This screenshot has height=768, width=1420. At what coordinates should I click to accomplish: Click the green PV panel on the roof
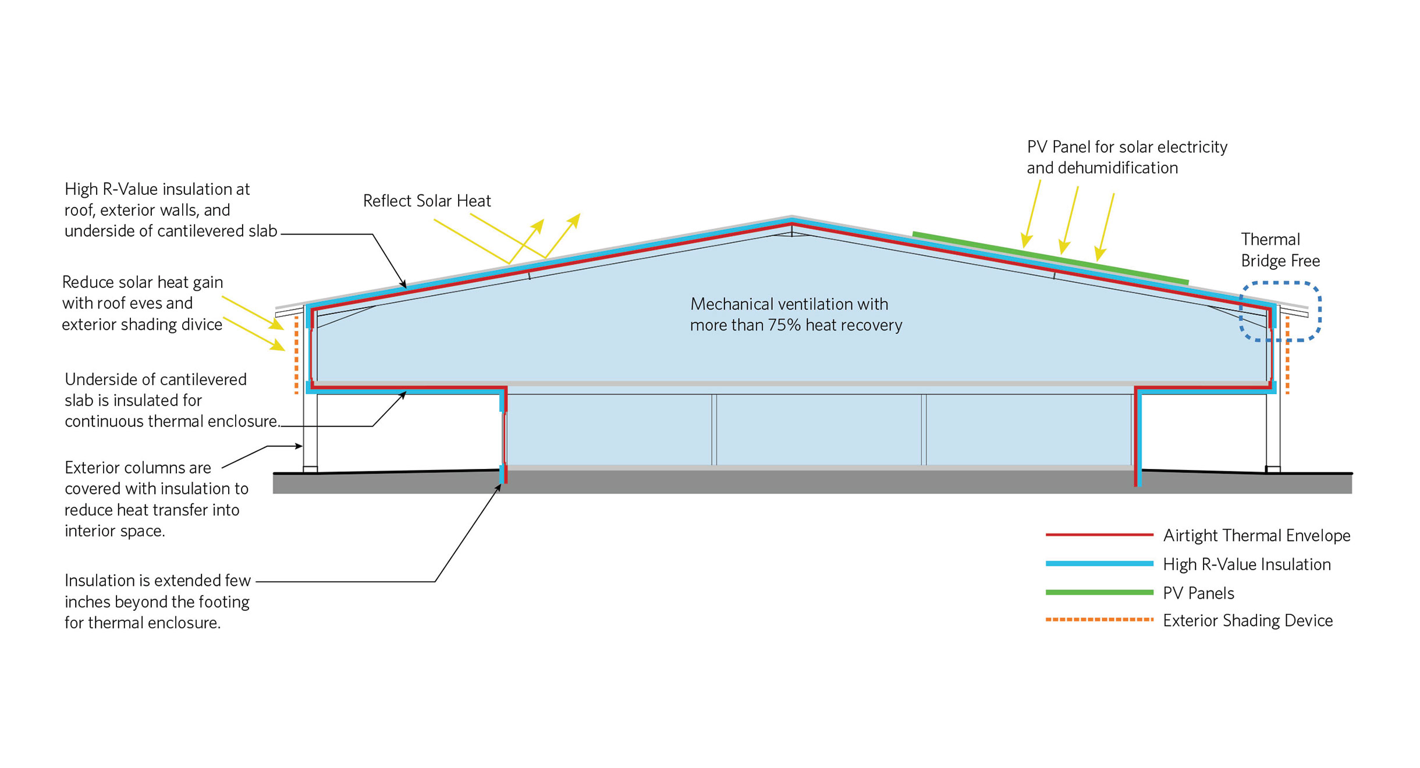1050,258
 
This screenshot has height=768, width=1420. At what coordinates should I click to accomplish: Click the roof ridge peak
791,219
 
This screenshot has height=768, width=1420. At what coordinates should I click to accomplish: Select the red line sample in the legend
1099,534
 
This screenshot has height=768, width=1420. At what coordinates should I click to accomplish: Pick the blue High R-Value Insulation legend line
1099,563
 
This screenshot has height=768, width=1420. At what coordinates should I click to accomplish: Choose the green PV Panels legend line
1099,592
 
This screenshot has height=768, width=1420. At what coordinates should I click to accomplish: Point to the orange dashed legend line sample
1099,620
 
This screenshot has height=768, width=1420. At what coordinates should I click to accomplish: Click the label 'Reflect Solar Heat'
427,201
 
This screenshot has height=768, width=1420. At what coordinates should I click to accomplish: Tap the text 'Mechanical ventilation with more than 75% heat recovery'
796,314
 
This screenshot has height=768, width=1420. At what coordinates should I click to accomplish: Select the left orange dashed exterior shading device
297,355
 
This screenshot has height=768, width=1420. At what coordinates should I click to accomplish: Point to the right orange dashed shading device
1287,355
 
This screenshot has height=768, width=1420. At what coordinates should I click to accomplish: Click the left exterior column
310,431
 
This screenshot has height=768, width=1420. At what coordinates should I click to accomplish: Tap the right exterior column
1273,431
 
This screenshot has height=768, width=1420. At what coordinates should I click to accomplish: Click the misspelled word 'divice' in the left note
201,325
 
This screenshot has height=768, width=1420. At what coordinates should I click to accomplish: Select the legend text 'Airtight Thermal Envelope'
1256,535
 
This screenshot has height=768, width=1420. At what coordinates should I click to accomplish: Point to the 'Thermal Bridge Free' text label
1280,250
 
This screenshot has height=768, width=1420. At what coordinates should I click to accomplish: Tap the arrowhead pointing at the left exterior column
299,446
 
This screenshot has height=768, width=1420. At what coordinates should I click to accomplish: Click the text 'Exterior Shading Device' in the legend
1247,621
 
